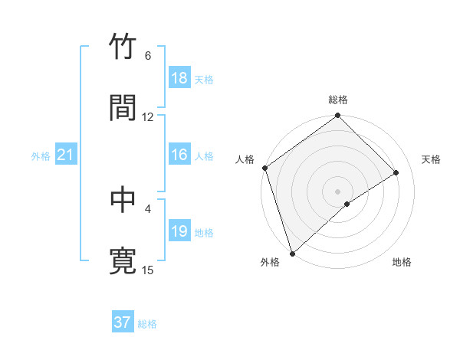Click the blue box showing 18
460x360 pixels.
[x=179, y=78]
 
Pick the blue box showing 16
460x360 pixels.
[x=179, y=155]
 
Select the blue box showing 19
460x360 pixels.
[x=179, y=232]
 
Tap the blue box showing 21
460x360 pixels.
[x=66, y=155]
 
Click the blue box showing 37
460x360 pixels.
[x=123, y=322]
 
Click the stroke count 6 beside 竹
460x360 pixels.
[x=148, y=56]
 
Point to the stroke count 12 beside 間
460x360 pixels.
[x=148, y=117]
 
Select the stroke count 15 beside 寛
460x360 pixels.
[x=148, y=270]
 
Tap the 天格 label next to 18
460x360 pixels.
[x=204, y=80]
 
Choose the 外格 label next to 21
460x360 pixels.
[x=41, y=156]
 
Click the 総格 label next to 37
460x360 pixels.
[x=147, y=324]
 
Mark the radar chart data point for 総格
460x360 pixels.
[x=337, y=116]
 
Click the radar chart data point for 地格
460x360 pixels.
[x=347, y=204]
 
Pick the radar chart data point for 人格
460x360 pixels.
[x=264, y=168]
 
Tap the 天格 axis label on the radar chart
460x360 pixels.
[x=431, y=159]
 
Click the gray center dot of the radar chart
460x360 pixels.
[x=337, y=191]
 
